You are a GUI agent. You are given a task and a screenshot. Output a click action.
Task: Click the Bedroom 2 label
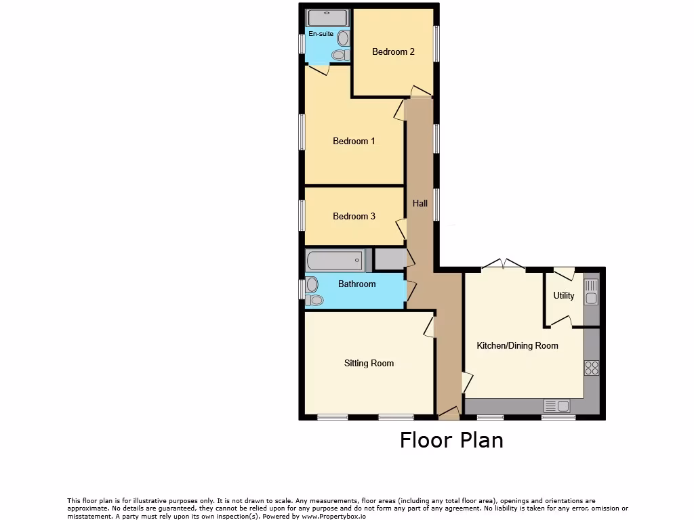click(393, 51)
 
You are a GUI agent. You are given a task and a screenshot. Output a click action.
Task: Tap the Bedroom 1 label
click(354, 142)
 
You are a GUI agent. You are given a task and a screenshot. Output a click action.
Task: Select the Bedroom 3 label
click(354, 217)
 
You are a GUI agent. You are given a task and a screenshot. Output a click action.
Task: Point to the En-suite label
click(321, 34)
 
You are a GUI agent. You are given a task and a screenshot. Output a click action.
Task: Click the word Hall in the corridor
click(420, 203)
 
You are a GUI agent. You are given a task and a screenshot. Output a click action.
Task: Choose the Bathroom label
click(356, 284)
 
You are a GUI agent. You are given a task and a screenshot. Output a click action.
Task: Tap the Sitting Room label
click(369, 364)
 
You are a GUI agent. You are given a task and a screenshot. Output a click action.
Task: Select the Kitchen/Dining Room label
click(517, 346)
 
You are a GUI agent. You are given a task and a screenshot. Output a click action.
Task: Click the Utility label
click(564, 296)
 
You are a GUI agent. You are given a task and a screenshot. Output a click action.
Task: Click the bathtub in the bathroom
click(335, 259)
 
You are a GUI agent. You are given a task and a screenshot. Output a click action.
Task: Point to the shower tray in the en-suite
click(327, 18)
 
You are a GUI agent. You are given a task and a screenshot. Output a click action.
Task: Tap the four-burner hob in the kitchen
click(592, 368)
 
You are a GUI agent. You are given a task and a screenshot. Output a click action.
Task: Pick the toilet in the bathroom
click(313, 292)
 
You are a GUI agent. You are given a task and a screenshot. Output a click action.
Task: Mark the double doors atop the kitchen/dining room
click(504, 266)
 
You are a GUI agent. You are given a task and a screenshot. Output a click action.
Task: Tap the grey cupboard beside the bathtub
click(388, 259)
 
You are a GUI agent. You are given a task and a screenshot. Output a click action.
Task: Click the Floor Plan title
click(451, 440)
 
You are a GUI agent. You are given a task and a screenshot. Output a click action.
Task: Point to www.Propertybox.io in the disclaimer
click(333, 516)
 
